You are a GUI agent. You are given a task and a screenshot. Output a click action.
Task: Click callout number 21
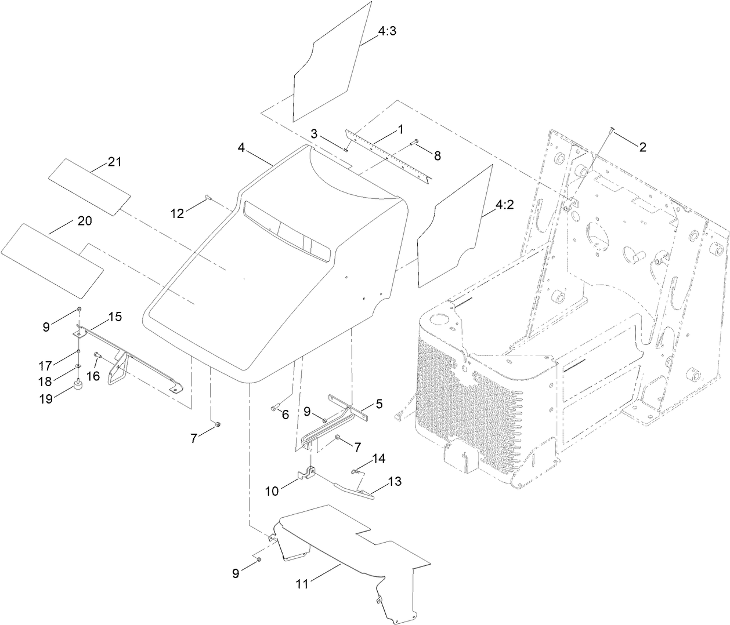(x=114, y=162)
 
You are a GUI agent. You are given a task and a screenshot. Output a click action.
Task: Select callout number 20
(x=85, y=221)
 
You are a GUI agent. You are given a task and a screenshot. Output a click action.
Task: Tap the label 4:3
(x=387, y=32)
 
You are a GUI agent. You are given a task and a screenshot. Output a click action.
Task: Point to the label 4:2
(x=504, y=205)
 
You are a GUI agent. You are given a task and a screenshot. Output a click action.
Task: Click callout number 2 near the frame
(x=642, y=147)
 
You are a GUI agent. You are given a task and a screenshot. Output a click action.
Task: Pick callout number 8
(x=437, y=155)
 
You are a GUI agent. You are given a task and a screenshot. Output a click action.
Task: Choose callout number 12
(x=177, y=214)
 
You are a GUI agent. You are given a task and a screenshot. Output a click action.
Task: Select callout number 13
(x=395, y=481)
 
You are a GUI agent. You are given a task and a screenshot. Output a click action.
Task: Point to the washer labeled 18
(x=78, y=368)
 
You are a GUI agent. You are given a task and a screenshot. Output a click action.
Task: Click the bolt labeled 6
(x=275, y=408)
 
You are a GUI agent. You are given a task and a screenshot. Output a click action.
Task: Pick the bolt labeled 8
(x=415, y=141)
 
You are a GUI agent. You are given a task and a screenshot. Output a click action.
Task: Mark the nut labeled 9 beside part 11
(x=259, y=559)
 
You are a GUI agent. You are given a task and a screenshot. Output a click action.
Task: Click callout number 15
(x=114, y=317)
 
